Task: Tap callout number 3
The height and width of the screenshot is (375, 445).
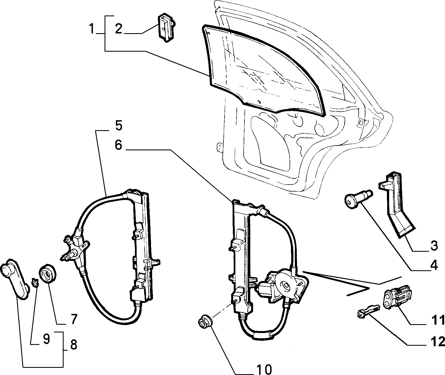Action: click(x=434, y=245)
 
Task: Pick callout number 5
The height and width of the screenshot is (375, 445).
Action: click(x=118, y=126)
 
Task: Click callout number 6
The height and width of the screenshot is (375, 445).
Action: click(x=118, y=145)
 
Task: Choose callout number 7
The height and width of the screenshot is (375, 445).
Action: click(x=73, y=319)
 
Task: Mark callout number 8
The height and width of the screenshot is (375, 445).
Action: click(x=73, y=345)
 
